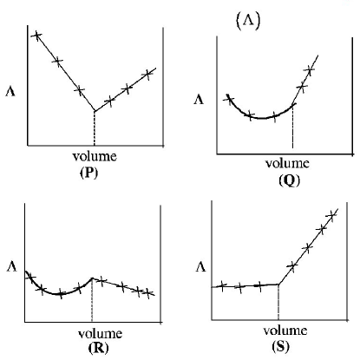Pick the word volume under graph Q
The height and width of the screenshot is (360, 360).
click(x=286, y=164)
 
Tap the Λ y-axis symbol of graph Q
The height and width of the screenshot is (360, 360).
click(x=199, y=101)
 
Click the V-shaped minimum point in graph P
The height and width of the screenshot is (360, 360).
click(x=95, y=111)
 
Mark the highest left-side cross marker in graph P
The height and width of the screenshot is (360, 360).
click(x=36, y=36)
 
